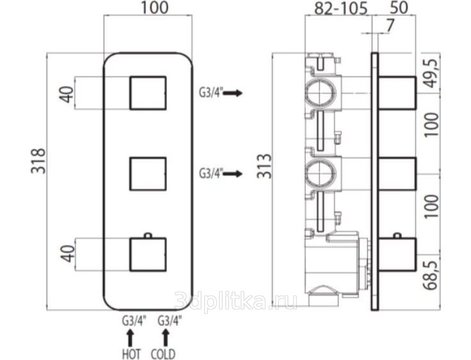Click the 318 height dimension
coord(38,161)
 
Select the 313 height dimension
coord(264,166)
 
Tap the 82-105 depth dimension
coord(340,8)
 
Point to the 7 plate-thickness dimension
coord(390,26)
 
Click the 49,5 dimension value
coord(432,73)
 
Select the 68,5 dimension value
coord(432,276)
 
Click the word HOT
coord(132,354)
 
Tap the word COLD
coord(163,354)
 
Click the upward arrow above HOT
coord(130,338)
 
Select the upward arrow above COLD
coord(165,338)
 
